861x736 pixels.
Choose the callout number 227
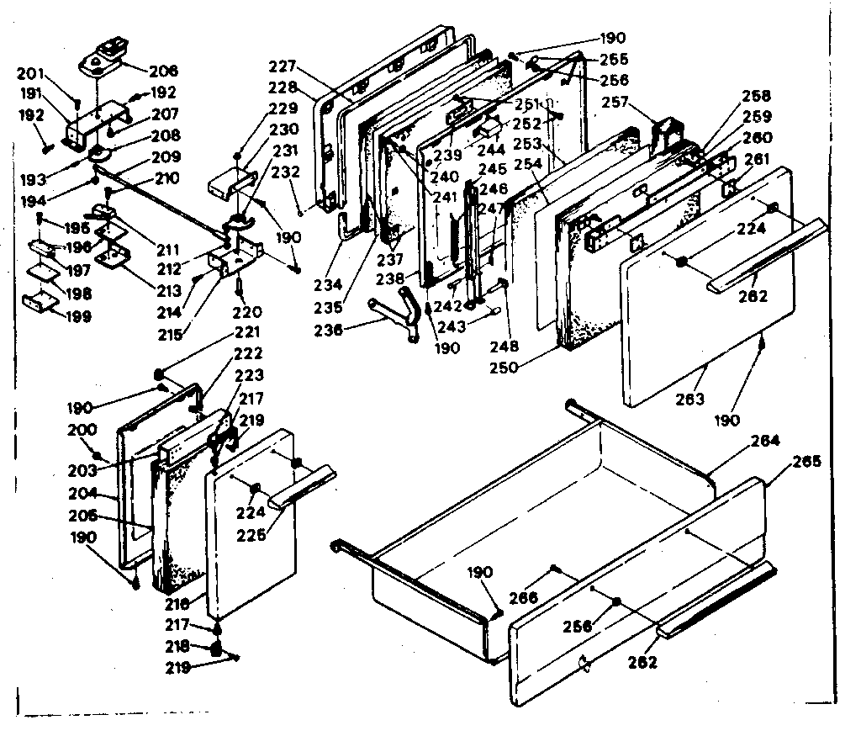point(285,67)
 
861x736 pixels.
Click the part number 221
point(248,332)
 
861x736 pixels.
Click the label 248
point(509,346)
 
